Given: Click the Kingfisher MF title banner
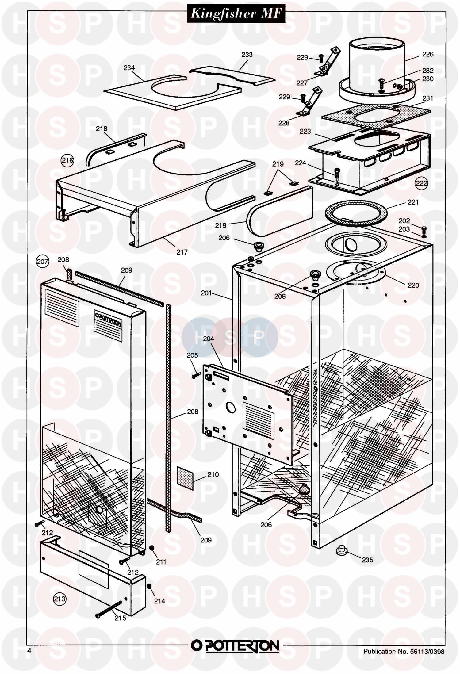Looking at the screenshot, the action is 236,13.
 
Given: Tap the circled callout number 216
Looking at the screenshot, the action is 68,160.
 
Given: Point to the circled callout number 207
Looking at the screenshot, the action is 43,261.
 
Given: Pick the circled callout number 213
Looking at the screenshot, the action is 60,598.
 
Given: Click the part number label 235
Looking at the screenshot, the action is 367,560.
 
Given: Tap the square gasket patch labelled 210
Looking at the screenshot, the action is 186,478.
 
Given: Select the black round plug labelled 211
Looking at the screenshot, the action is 151,548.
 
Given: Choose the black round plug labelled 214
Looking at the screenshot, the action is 150,586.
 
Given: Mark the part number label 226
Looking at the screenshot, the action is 427,54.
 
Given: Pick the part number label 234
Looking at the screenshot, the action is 129,68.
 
